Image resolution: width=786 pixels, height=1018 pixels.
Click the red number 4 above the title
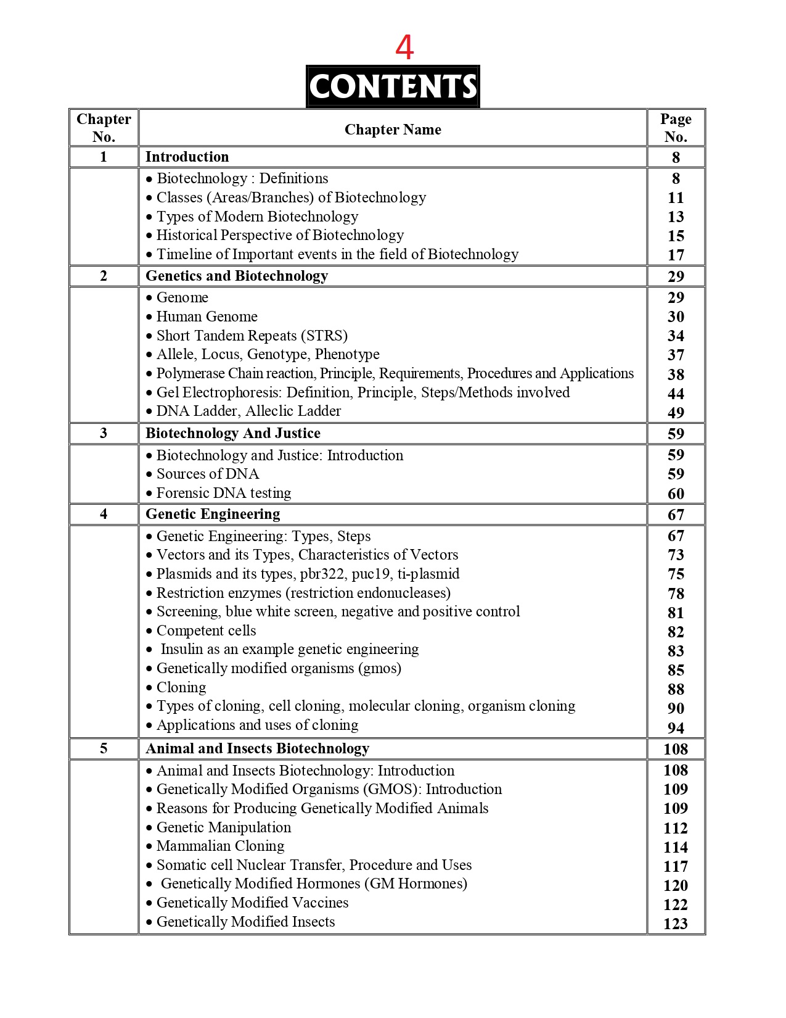pos(404,48)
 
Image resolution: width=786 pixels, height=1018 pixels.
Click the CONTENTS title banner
pos(393,86)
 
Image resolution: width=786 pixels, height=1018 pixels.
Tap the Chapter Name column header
pos(393,130)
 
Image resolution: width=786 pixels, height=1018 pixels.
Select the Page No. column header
pos(676,128)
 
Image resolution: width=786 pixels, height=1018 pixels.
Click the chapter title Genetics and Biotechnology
pos(237,276)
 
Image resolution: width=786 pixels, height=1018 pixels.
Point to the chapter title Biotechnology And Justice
pos(233,433)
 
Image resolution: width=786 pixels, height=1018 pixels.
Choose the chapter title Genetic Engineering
pos(213,514)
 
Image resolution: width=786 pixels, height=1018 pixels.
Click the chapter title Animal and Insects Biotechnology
pos(257,748)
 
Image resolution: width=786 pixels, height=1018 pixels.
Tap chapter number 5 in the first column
pos(104,748)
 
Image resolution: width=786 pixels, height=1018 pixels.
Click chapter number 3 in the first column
pos(104,433)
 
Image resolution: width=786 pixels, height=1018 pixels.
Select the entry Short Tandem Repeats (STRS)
pos(252,336)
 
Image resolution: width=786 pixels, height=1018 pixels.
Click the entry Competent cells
pos(206,631)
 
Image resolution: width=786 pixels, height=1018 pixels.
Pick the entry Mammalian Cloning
pos(220,846)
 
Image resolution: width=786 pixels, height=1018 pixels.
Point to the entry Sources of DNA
pos(207,474)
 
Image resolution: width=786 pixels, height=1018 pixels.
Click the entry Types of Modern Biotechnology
pos(257,217)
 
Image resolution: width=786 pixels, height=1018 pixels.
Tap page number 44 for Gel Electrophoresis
pos(676,394)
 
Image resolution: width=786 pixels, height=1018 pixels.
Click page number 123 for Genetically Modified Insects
pos(676,924)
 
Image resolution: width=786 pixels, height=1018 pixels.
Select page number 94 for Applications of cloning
pos(676,728)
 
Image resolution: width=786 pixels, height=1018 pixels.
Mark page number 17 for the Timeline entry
pos(676,255)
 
